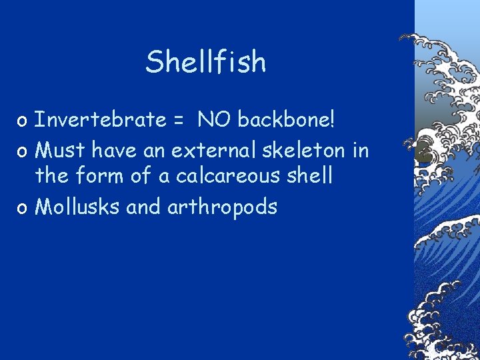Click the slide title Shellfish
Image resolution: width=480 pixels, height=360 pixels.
point(206,63)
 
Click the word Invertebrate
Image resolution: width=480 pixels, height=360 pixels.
point(100,120)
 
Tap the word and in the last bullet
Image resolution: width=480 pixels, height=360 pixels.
point(143,207)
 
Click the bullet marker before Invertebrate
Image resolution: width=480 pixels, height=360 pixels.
point(23,121)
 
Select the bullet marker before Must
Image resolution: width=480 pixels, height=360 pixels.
point(23,151)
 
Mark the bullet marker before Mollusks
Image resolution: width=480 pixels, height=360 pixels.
point(23,209)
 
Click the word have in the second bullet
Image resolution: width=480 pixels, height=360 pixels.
point(113,149)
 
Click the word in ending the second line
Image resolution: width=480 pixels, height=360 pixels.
point(360,149)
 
